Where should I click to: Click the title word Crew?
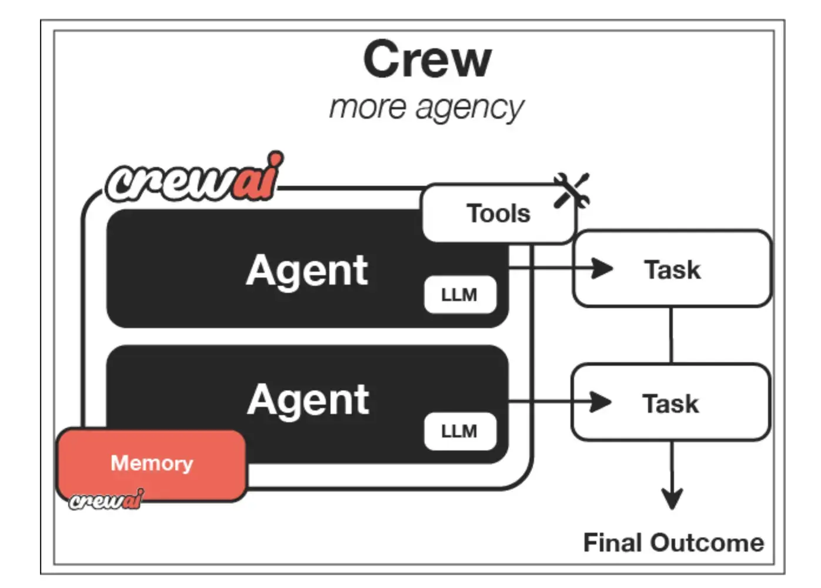(427, 59)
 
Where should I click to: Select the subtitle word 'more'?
(368, 107)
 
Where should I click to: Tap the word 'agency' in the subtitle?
(469, 109)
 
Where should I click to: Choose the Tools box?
(498, 213)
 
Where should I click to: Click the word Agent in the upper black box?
(307, 270)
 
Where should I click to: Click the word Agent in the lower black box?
(308, 400)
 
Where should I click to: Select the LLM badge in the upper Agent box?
(459, 295)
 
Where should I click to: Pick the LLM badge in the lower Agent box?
(459, 431)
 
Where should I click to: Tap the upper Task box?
(672, 269)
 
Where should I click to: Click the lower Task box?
(670, 403)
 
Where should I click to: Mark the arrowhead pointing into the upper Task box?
(601, 268)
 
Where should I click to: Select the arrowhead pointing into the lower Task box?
(600, 402)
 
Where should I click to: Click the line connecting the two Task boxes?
(671, 335)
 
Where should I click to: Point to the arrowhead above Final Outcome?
(672, 498)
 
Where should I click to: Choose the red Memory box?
(152, 463)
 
